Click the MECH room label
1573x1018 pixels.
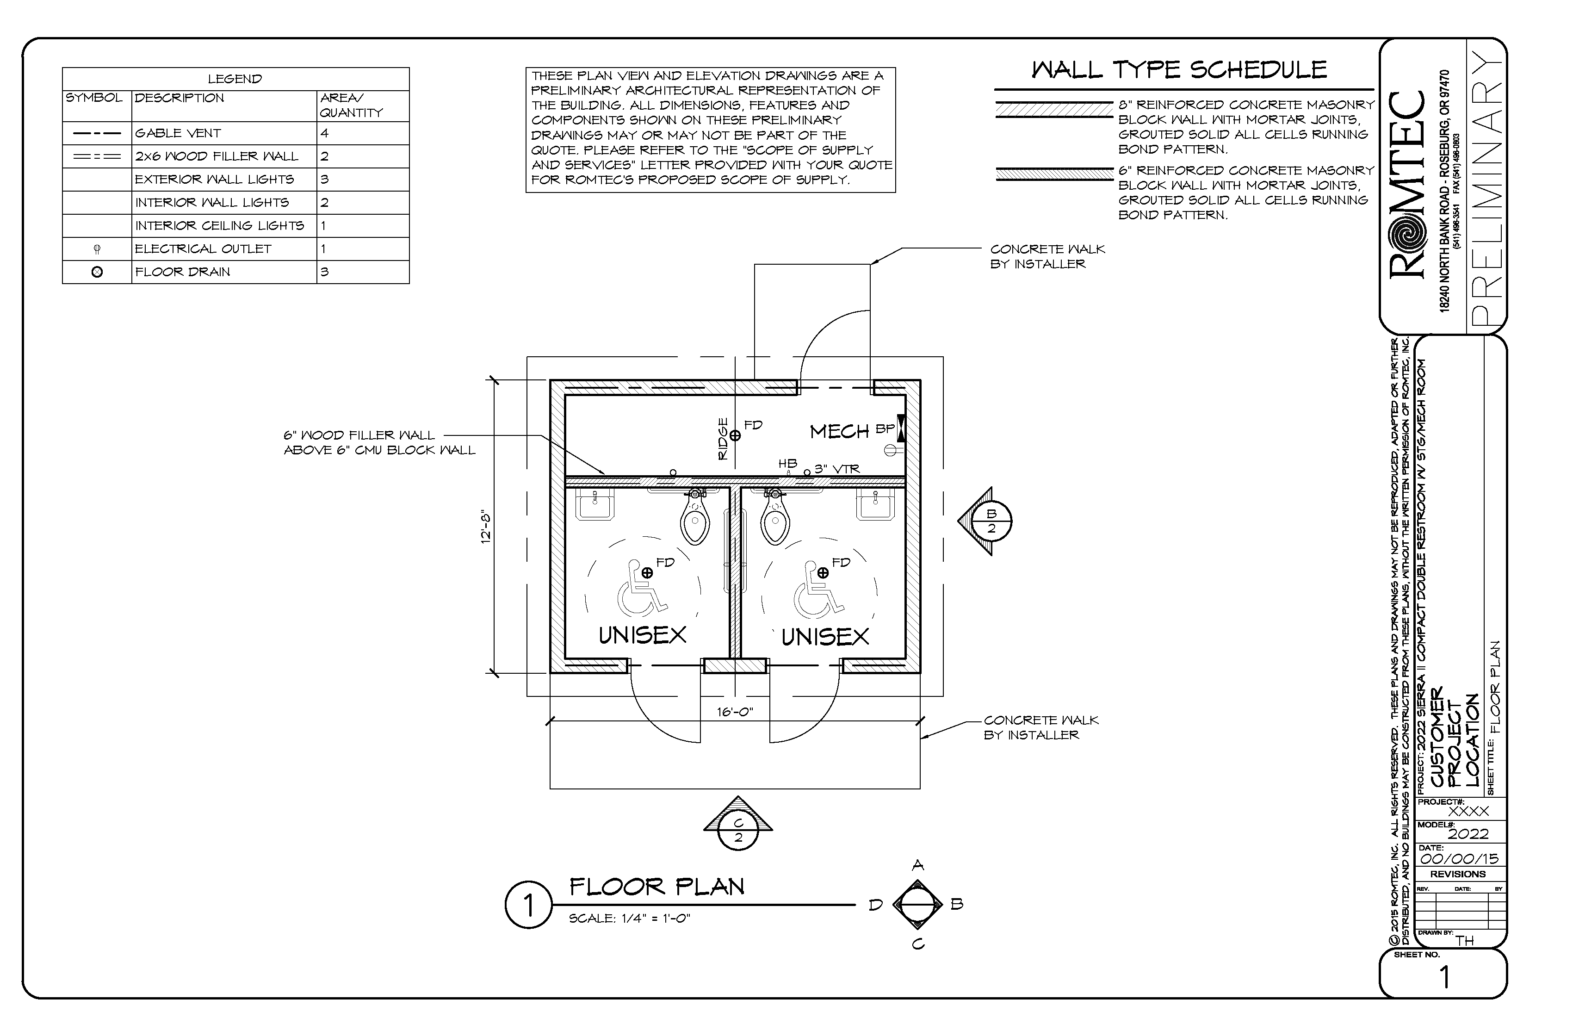click(839, 432)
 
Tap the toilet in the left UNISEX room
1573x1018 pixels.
click(694, 519)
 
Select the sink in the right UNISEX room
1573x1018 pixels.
click(876, 506)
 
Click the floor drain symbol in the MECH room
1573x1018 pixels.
click(735, 435)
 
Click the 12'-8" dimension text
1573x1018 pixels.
click(486, 526)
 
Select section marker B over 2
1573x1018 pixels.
click(991, 521)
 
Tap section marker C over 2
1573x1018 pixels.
click(738, 830)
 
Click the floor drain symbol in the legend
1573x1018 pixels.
click(97, 272)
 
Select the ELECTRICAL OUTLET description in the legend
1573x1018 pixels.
click(203, 248)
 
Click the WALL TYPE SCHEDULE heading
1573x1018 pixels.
click(1179, 70)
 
